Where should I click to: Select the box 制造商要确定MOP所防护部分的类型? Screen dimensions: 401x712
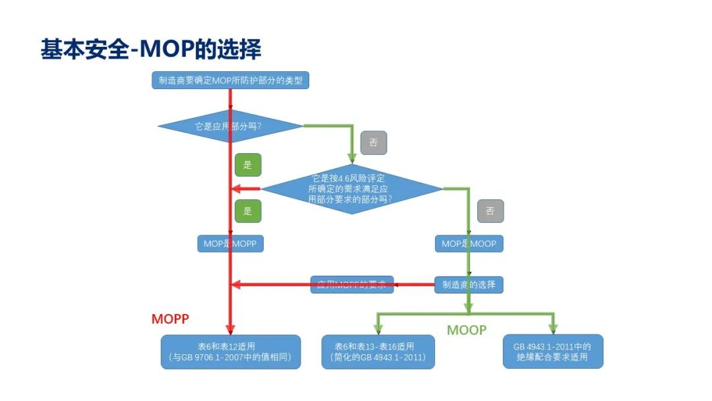230,80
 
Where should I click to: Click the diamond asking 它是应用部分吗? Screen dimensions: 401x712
230,125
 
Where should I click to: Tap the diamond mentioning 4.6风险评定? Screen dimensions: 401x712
352,189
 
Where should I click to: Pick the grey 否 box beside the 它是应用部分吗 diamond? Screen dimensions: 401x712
373,142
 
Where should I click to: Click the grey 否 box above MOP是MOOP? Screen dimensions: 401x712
490,211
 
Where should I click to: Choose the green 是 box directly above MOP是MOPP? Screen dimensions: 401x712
248,211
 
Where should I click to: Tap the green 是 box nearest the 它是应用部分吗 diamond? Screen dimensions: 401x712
248,165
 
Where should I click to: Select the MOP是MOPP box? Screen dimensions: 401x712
230,243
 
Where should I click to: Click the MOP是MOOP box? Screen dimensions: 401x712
469,243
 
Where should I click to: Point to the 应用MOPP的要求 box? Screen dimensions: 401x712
352,285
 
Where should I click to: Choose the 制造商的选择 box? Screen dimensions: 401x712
469,285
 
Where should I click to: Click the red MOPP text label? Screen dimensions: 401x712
171,319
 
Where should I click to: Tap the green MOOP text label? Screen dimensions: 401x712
466,330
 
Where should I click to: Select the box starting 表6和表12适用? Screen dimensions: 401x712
230,352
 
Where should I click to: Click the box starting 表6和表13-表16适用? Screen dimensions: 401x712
378,352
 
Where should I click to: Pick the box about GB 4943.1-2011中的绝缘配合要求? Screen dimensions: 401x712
552,352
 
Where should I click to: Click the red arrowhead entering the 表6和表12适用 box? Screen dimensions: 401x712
230,330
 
